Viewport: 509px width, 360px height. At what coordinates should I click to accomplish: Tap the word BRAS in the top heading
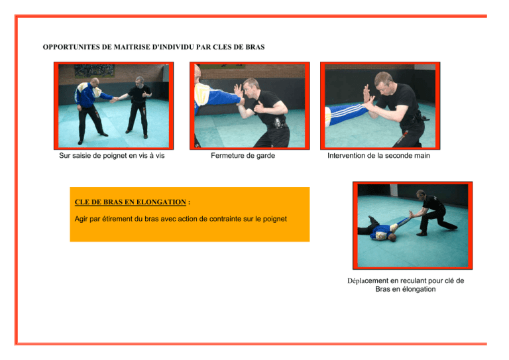tap(254, 47)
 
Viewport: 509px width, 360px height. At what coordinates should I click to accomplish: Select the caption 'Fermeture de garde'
tap(243, 156)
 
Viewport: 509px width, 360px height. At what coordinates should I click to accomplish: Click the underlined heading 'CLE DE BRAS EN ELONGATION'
tap(131, 202)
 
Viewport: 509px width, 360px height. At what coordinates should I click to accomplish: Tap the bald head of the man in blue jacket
tap(94, 82)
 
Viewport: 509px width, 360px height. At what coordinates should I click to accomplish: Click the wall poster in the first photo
tap(95, 70)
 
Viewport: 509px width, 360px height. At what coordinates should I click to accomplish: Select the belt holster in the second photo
tap(278, 123)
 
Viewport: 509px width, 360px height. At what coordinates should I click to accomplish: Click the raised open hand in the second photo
tap(239, 91)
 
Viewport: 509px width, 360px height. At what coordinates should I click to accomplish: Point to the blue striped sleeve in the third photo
tap(347, 114)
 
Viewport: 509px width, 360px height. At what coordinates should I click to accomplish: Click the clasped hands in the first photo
tap(114, 99)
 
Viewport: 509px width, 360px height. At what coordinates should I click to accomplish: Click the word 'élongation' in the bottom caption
tap(419, 289)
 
